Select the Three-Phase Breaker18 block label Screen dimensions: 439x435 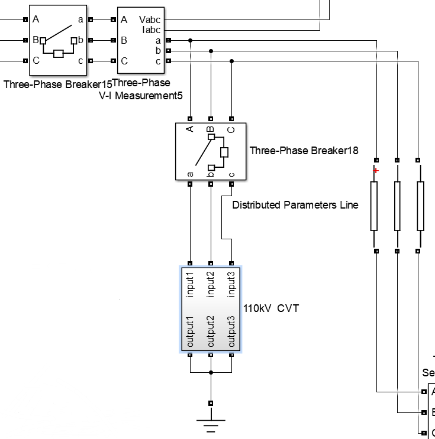pos(304,150)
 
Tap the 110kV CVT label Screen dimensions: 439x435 pos(271,308)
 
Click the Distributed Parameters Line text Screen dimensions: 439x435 pos(295,205)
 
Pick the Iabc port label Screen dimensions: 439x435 pos(151,30)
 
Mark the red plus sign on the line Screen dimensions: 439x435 pos(375,171)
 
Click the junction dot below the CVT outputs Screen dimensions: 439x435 pos(211,373)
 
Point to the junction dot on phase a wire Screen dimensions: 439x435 pos(190,41)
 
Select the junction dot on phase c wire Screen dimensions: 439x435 pos(231,61)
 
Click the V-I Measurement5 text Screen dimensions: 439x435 pos(141,95)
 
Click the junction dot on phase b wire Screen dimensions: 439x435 pos(211,51)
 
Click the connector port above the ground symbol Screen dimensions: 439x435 pos(211,403)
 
